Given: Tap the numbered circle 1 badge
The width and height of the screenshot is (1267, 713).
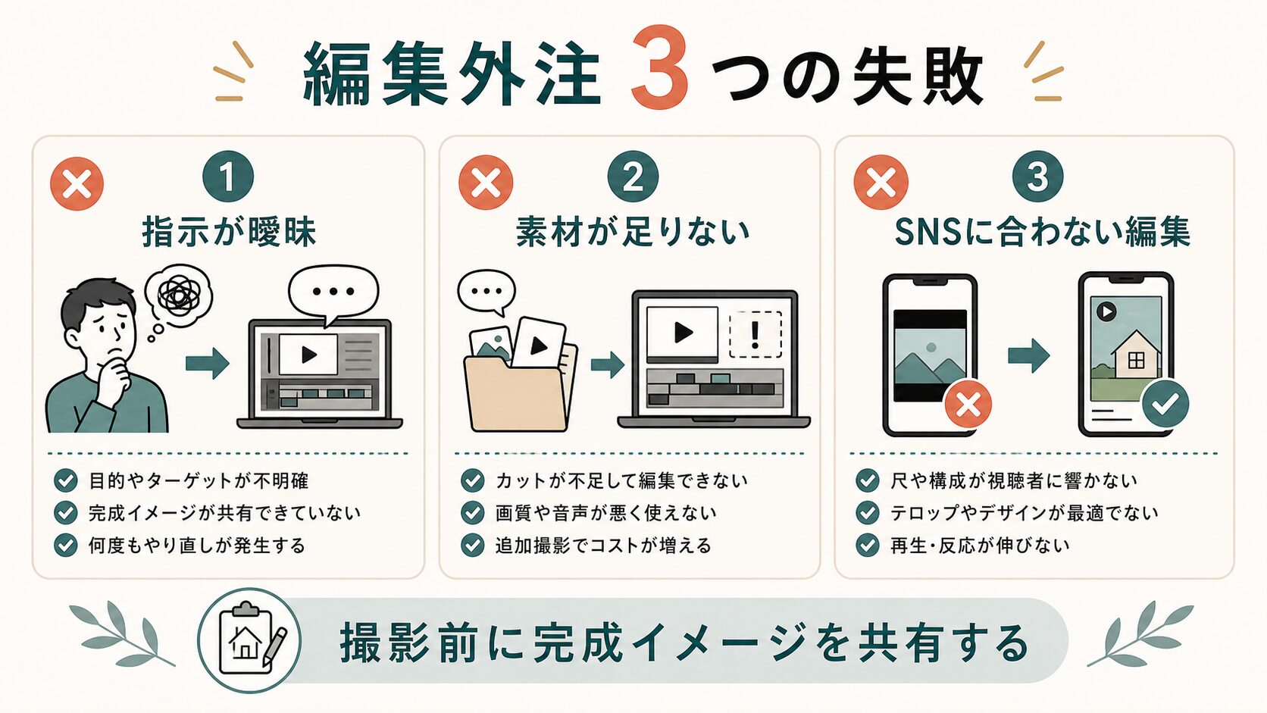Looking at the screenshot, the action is pos(228,177).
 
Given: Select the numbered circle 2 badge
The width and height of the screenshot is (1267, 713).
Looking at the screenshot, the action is pos(633,177).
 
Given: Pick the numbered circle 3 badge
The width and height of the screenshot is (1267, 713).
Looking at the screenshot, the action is pos(1037,177).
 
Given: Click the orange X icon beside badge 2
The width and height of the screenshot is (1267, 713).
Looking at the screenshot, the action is pos(485,183).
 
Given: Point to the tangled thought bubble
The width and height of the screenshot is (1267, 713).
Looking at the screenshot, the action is pos(178,294).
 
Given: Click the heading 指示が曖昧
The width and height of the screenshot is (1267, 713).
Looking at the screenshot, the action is pos(229,233).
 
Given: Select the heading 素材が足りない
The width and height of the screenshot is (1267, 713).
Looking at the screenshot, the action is pos(633,233).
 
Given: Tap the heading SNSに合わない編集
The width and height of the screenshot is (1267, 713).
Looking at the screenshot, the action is pos(1043,233).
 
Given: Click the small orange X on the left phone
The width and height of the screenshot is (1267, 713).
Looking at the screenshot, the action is pos(968,404).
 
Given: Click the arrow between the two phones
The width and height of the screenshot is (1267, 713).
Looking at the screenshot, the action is pos(1028,355).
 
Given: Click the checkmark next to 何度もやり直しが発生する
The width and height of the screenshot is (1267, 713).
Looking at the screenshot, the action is pos(66,545).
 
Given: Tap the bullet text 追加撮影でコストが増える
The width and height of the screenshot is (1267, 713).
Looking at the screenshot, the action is pos(603,546).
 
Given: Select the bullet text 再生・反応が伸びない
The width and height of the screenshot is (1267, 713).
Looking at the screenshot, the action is pos(980,545).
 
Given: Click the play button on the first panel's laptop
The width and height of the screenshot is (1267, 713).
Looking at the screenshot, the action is pos(309,355).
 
